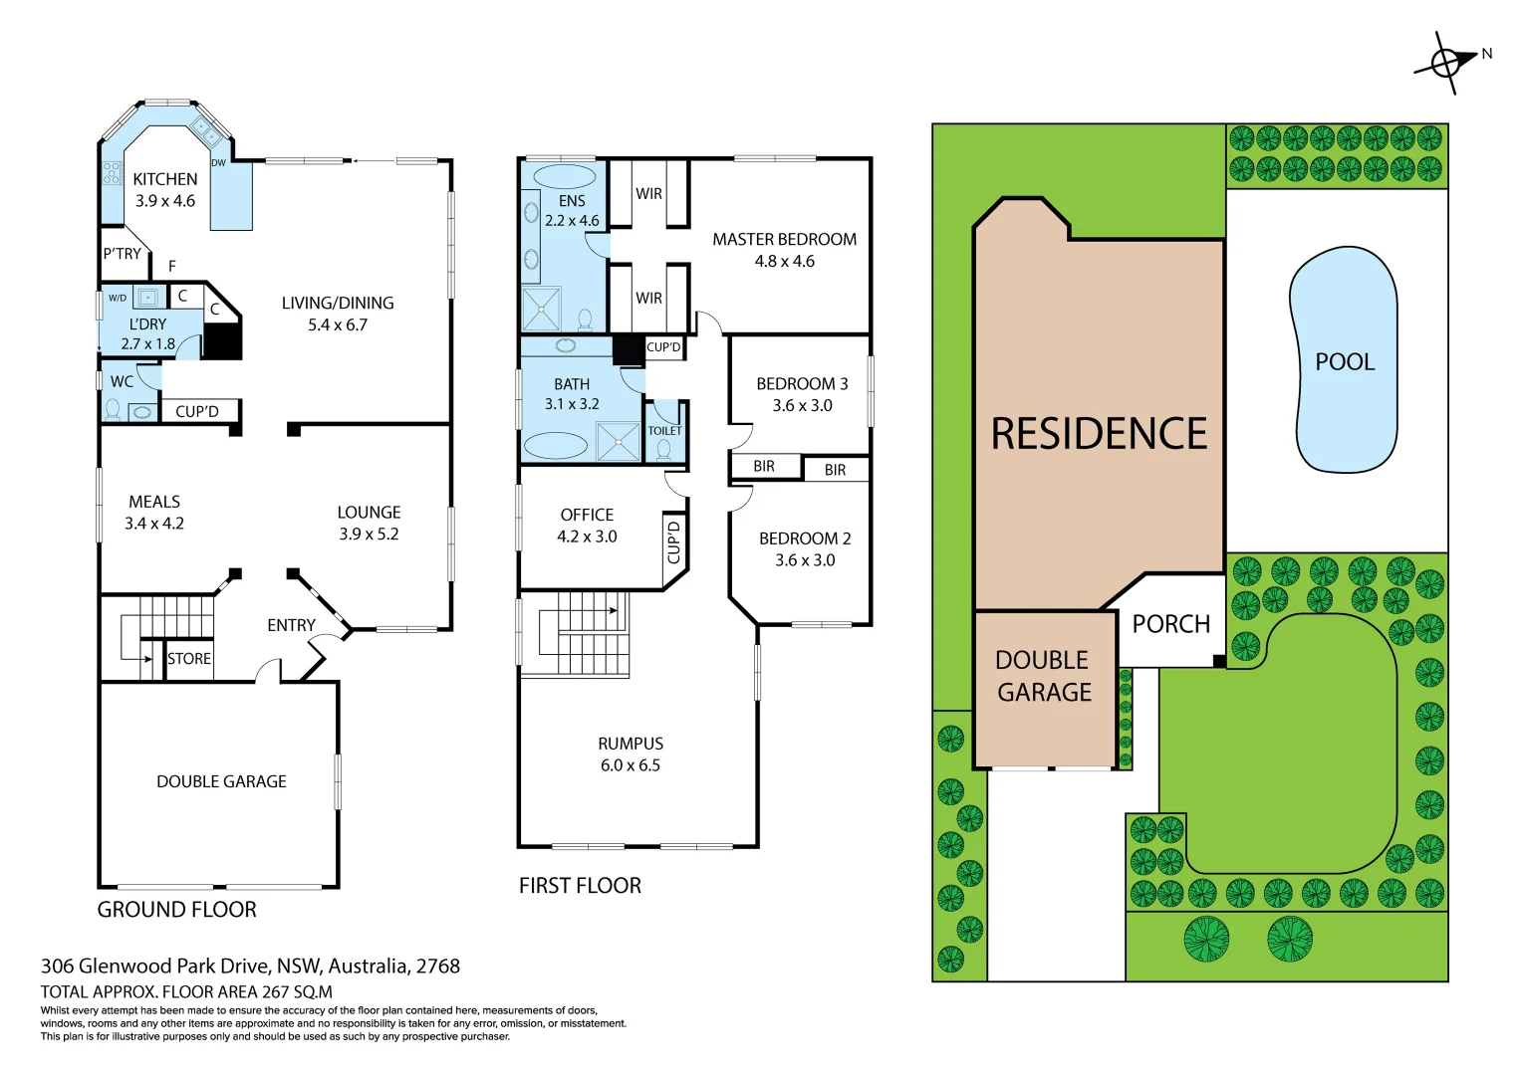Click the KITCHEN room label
click(x=165, y=179)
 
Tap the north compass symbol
click(x=1447, y=63)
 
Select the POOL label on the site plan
click(x=1345, y=362)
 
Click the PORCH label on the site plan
click(x=1171, y=624)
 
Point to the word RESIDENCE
click(x=1099, y=434)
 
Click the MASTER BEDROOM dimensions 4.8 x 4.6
click(x=784, y=262)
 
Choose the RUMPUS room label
click(x=631, y=744)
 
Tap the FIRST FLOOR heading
click(x=580, y=886)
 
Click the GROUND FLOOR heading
click(x=176, y=910)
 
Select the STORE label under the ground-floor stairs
click(x=189, y=659)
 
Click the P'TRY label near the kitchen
click(x=122, y=254)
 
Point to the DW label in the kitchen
click(x=218, y=162)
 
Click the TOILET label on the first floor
click(x=664, y=431)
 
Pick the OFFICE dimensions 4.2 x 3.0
click(x=587, y=537)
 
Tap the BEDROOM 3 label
click(x=802, y=383)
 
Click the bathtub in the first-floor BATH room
click(x=555, y=445)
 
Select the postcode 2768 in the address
click(x=438, y=967)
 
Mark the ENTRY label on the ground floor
click(x=291, y=625)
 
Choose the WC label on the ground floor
click(x=122, y=381)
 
